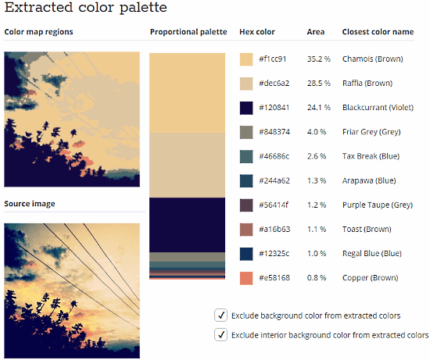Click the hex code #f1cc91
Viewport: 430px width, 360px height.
point(273,59)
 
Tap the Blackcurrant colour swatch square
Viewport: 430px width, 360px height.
point(246,108)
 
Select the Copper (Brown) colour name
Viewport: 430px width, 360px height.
point(371,278)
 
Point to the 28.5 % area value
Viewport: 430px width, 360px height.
point(319,84)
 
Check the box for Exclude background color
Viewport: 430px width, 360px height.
point(220,315)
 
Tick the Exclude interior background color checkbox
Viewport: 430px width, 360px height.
point(220,335)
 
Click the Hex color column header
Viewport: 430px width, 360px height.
point(257,32)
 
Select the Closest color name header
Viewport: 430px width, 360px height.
point(378,32)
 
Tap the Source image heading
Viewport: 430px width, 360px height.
point(30,204)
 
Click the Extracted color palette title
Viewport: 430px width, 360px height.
point(86,7)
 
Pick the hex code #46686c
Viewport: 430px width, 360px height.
point(274,156)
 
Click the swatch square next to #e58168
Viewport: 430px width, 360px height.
point(246,278)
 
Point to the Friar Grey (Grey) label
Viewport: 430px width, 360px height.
point(371,132)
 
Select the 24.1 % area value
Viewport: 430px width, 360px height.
point(319,108)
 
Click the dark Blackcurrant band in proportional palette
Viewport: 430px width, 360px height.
point(188,225)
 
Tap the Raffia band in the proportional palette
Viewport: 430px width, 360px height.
point(188,166)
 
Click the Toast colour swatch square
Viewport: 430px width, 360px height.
point(246,230)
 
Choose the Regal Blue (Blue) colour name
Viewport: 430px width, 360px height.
point(372,254)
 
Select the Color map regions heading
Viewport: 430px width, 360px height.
point(38,32)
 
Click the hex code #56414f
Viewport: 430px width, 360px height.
point(274,205)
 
